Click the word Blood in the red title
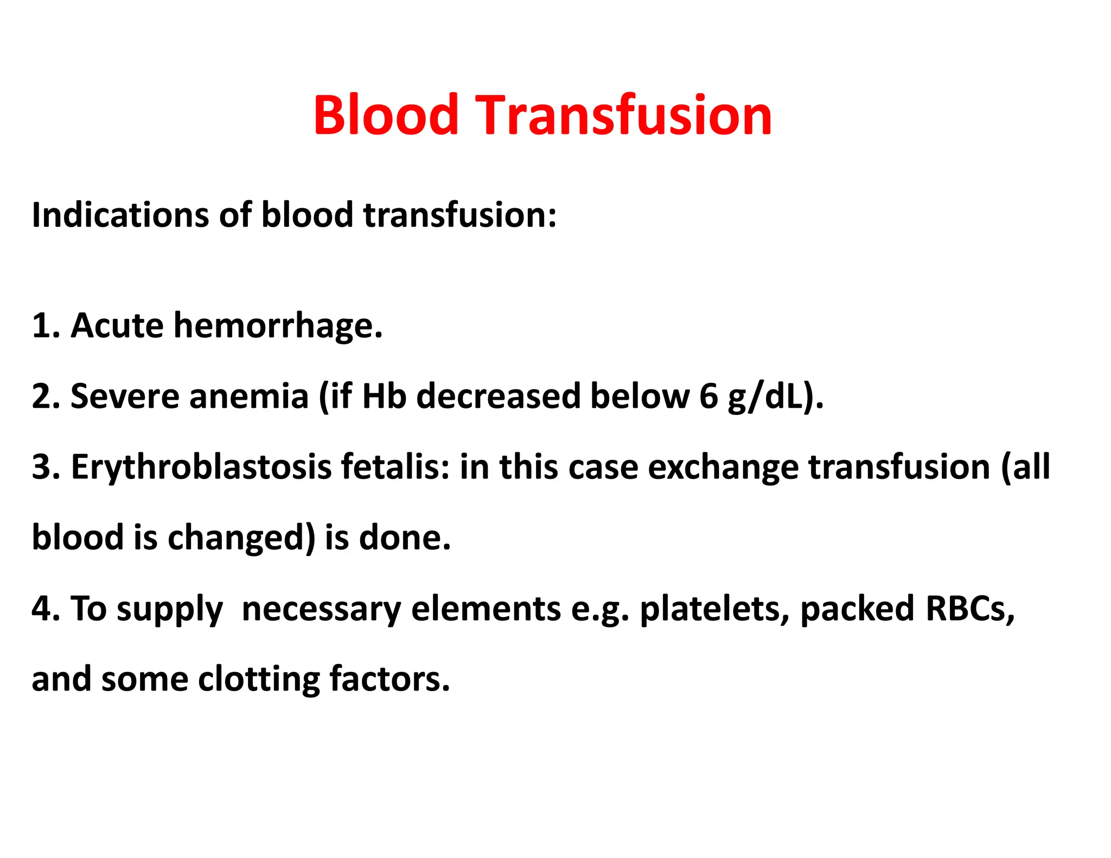pos(386,115)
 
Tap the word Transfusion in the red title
pos(623,115)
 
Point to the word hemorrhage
pos(278,326)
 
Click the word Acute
pos(117,326)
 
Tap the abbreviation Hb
pos(384,396)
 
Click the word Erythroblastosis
pos(201,468)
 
